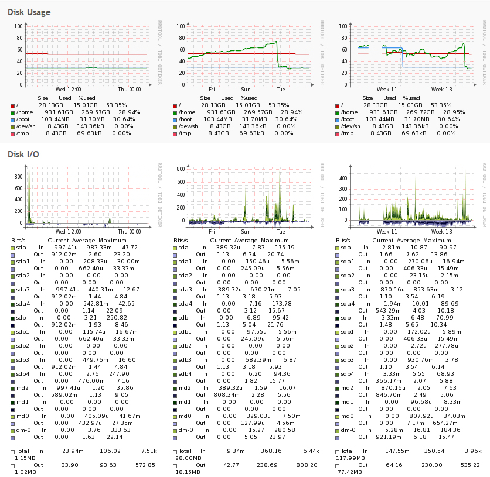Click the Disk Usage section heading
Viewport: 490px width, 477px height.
click(x=29, y=12)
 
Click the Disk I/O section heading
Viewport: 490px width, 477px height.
click(x=24, y=155)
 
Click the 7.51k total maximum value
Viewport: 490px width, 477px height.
click(x=148, y=451)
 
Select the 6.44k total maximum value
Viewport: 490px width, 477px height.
click(x=310, y=451)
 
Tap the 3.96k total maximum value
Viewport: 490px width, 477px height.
click(x=472, y=451)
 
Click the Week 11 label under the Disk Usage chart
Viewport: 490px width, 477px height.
click(x=386, y=90)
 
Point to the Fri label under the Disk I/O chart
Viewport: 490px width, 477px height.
click(x=212, y=232)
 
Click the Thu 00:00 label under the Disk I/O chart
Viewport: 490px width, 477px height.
click(x=130, y=232)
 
